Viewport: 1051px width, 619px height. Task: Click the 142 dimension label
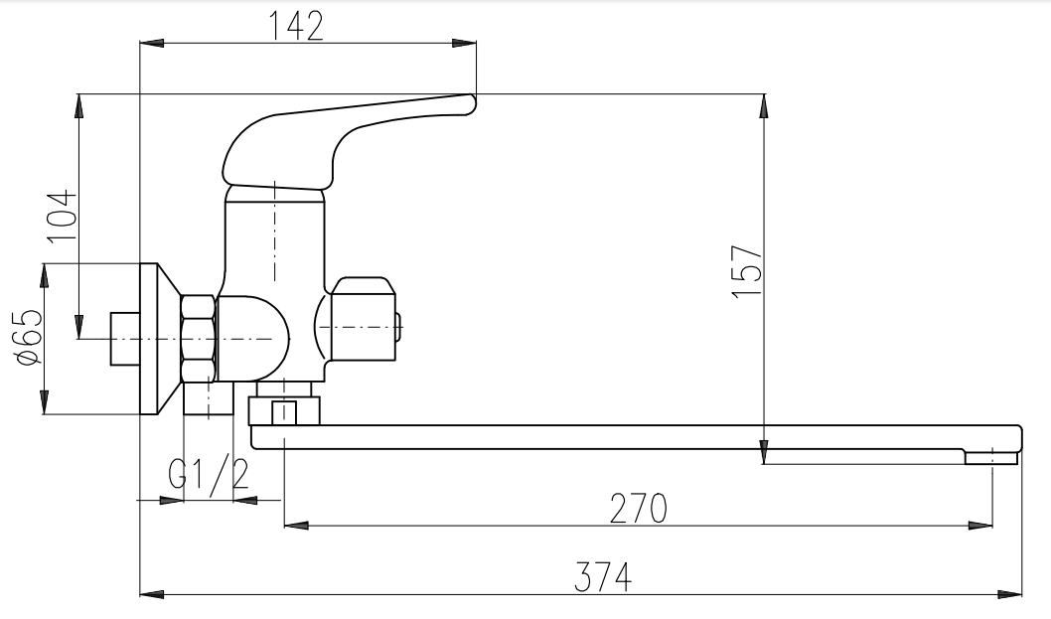pos(296,26)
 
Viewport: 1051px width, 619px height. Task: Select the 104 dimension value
pos(60,216)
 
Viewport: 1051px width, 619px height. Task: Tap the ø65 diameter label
pos(30,338)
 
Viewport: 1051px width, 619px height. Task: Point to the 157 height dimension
pos(747,271)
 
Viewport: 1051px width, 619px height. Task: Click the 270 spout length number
pos(638,509)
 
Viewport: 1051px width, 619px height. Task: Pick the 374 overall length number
pos(603,576)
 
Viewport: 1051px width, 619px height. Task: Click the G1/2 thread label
pos(209,475)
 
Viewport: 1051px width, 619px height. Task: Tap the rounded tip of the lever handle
pos(471,104)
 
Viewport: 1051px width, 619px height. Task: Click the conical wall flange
pos(160,339)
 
